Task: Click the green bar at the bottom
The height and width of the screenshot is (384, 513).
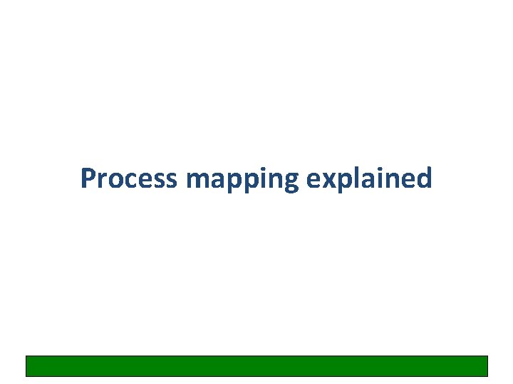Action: tap(256, 366)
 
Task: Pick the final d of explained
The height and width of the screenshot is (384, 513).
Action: tap(424, 178)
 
